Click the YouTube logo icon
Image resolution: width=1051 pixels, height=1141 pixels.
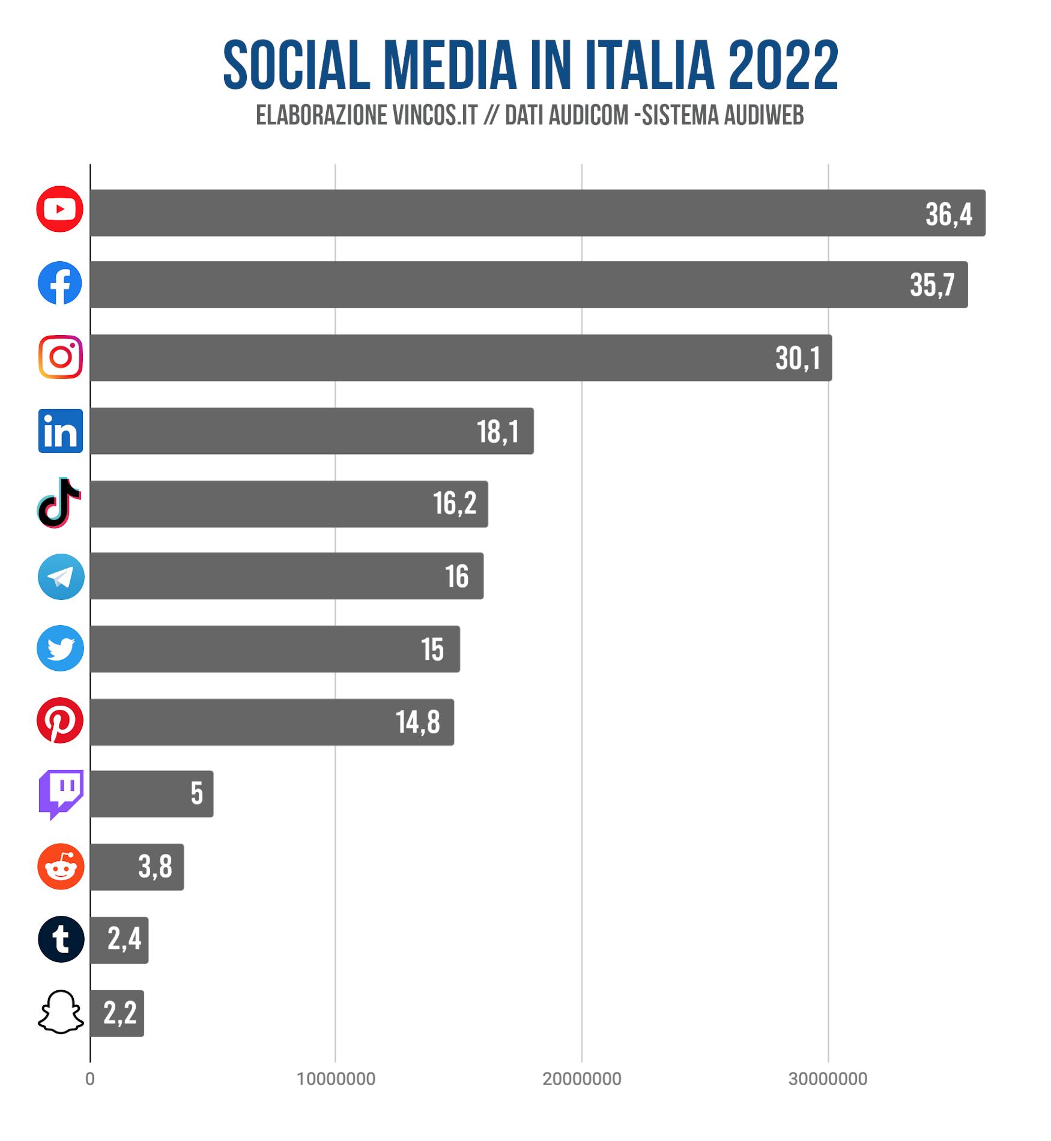pyautogui.click(x=59, y=209)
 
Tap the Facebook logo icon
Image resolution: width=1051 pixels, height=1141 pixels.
pyautogui.click(x=59, y=283)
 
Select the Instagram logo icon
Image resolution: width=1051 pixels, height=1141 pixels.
pyautogui.click(x=60, y=357)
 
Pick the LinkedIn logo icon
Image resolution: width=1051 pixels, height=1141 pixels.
pyautogui.click(x=60, y=431)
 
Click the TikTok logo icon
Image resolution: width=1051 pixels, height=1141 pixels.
pyautogui.click(x=59, y=503)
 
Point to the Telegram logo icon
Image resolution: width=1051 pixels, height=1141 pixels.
pyautogui.click(x=61, y=577)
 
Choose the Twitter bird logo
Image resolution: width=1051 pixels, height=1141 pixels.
pyautogui.click(x=60, y=649)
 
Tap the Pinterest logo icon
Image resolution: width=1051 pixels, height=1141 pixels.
pyautogui.click(x=60, y=721)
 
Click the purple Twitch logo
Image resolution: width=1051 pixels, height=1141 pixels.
pyautogui.click(x=61, y=793)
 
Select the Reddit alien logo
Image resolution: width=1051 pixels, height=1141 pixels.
pyautogui.click(x=61, y=867)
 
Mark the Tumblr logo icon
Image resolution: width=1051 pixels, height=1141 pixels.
pyautogui.click(x=61, y=939)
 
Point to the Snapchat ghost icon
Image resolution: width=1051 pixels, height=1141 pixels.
pyautogui.click(x=61, y=1012)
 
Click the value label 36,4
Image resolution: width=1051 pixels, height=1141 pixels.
pyautogui.click(x=948, y=214)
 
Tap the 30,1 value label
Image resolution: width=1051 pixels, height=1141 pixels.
pyautogui.click(x=798, y=359)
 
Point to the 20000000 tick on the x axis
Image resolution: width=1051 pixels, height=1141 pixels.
pyautogui.click(x=581, y=1079)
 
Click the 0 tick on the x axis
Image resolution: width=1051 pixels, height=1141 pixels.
pyautogui.click(x=90, y=1079)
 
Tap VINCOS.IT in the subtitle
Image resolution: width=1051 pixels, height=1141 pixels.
pyautogui.click(x=434, y=115)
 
